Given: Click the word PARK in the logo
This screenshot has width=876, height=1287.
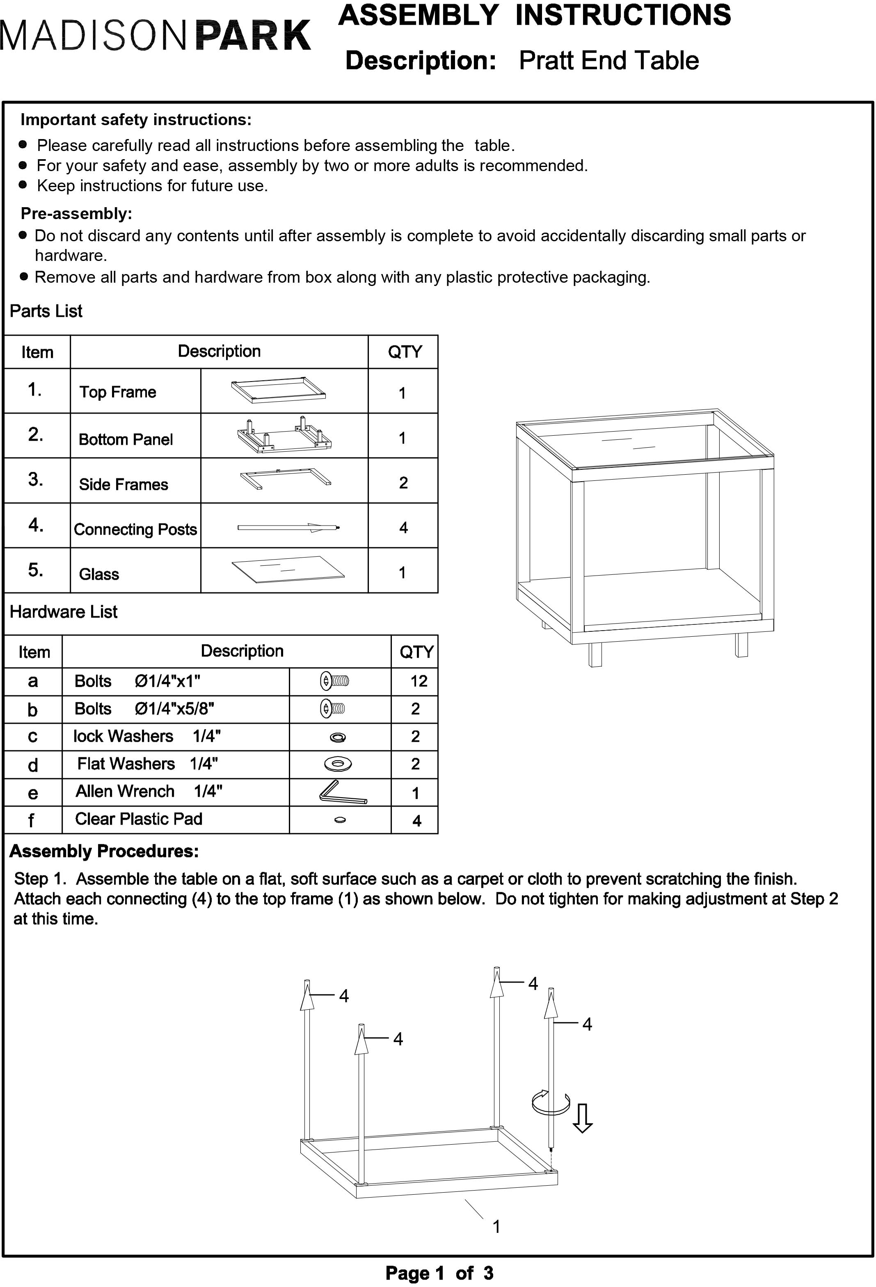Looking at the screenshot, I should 253,37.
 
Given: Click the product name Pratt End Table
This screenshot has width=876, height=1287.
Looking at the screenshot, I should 608,60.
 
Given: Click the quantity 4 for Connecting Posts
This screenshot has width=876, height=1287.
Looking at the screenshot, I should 403,528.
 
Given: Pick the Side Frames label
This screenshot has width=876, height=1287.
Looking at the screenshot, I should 124,485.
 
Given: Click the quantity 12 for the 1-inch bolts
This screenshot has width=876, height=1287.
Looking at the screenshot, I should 419,681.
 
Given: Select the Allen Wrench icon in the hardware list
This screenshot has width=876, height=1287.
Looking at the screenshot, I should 343,793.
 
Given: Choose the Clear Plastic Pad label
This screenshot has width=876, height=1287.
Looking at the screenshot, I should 138,819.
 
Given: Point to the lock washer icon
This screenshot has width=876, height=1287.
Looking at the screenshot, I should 338,737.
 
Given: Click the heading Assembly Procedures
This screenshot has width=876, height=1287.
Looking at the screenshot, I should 104,851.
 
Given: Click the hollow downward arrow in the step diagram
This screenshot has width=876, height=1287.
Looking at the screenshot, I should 582,1118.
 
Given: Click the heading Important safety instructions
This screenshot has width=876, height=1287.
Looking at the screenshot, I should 136,120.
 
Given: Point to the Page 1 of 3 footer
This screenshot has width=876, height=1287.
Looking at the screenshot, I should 439,1273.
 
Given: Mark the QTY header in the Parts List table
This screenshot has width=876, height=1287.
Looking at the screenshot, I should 405,352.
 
